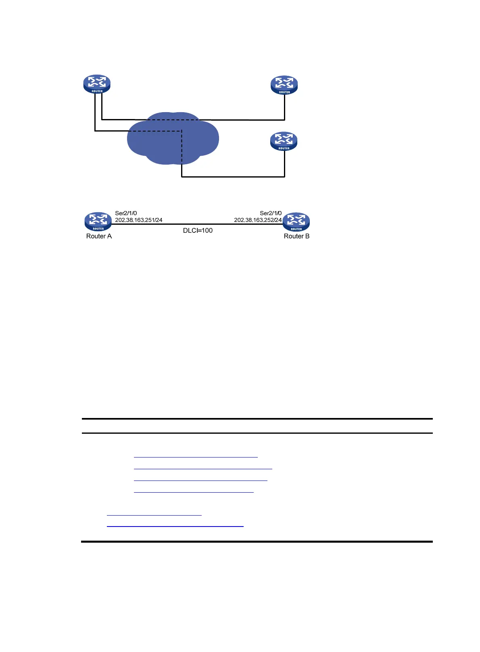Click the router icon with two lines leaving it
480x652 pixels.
click(x=97, y=84)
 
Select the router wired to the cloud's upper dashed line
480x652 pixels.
click(x=284, y=85)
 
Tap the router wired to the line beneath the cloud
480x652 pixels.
click(x=284, y=141)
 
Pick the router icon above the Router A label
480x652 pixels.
click(x=98, y=221)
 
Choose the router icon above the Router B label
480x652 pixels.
click(x=296, y=222)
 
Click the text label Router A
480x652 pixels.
click(x=99, y=236)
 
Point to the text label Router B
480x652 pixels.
click(x=296, y=236)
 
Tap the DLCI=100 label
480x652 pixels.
click(x=198, y=230)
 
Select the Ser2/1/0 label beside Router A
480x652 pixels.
click(x=126, y=213)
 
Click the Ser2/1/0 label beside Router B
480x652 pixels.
click(x=271, y=213)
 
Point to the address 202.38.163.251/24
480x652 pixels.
click(x=139, y=220)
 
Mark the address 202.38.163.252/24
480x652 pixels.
click(x=258, y=220)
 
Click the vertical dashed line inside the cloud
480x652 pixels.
click(x=182, y=147)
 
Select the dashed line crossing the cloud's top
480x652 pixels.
click(x=173, y=119)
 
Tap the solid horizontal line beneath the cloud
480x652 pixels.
click(x=233, y=177)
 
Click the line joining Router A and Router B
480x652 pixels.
click(x=198, y=224)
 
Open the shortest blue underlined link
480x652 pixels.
click(x=154, y=515)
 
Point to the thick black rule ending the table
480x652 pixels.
click(x=257, y=541)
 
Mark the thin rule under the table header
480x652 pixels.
click(x=257, y=433)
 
